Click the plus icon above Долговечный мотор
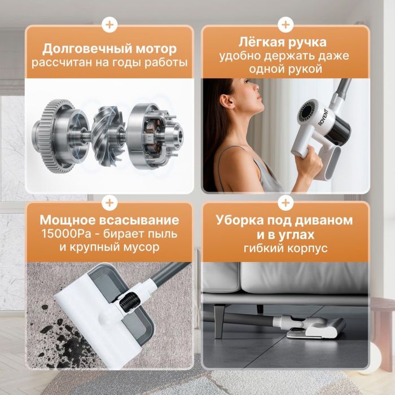click(109, 25)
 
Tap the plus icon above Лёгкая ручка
click(286, 25)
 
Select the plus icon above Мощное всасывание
click(109, 203)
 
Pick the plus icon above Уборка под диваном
click(286, 203)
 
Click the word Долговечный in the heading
click(87, 49)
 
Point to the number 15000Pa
click(66, 234)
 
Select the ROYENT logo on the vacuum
click(323, 117)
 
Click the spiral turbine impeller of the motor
click(108, 136)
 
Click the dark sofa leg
click(220, 321)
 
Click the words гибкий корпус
click(286, 248)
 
